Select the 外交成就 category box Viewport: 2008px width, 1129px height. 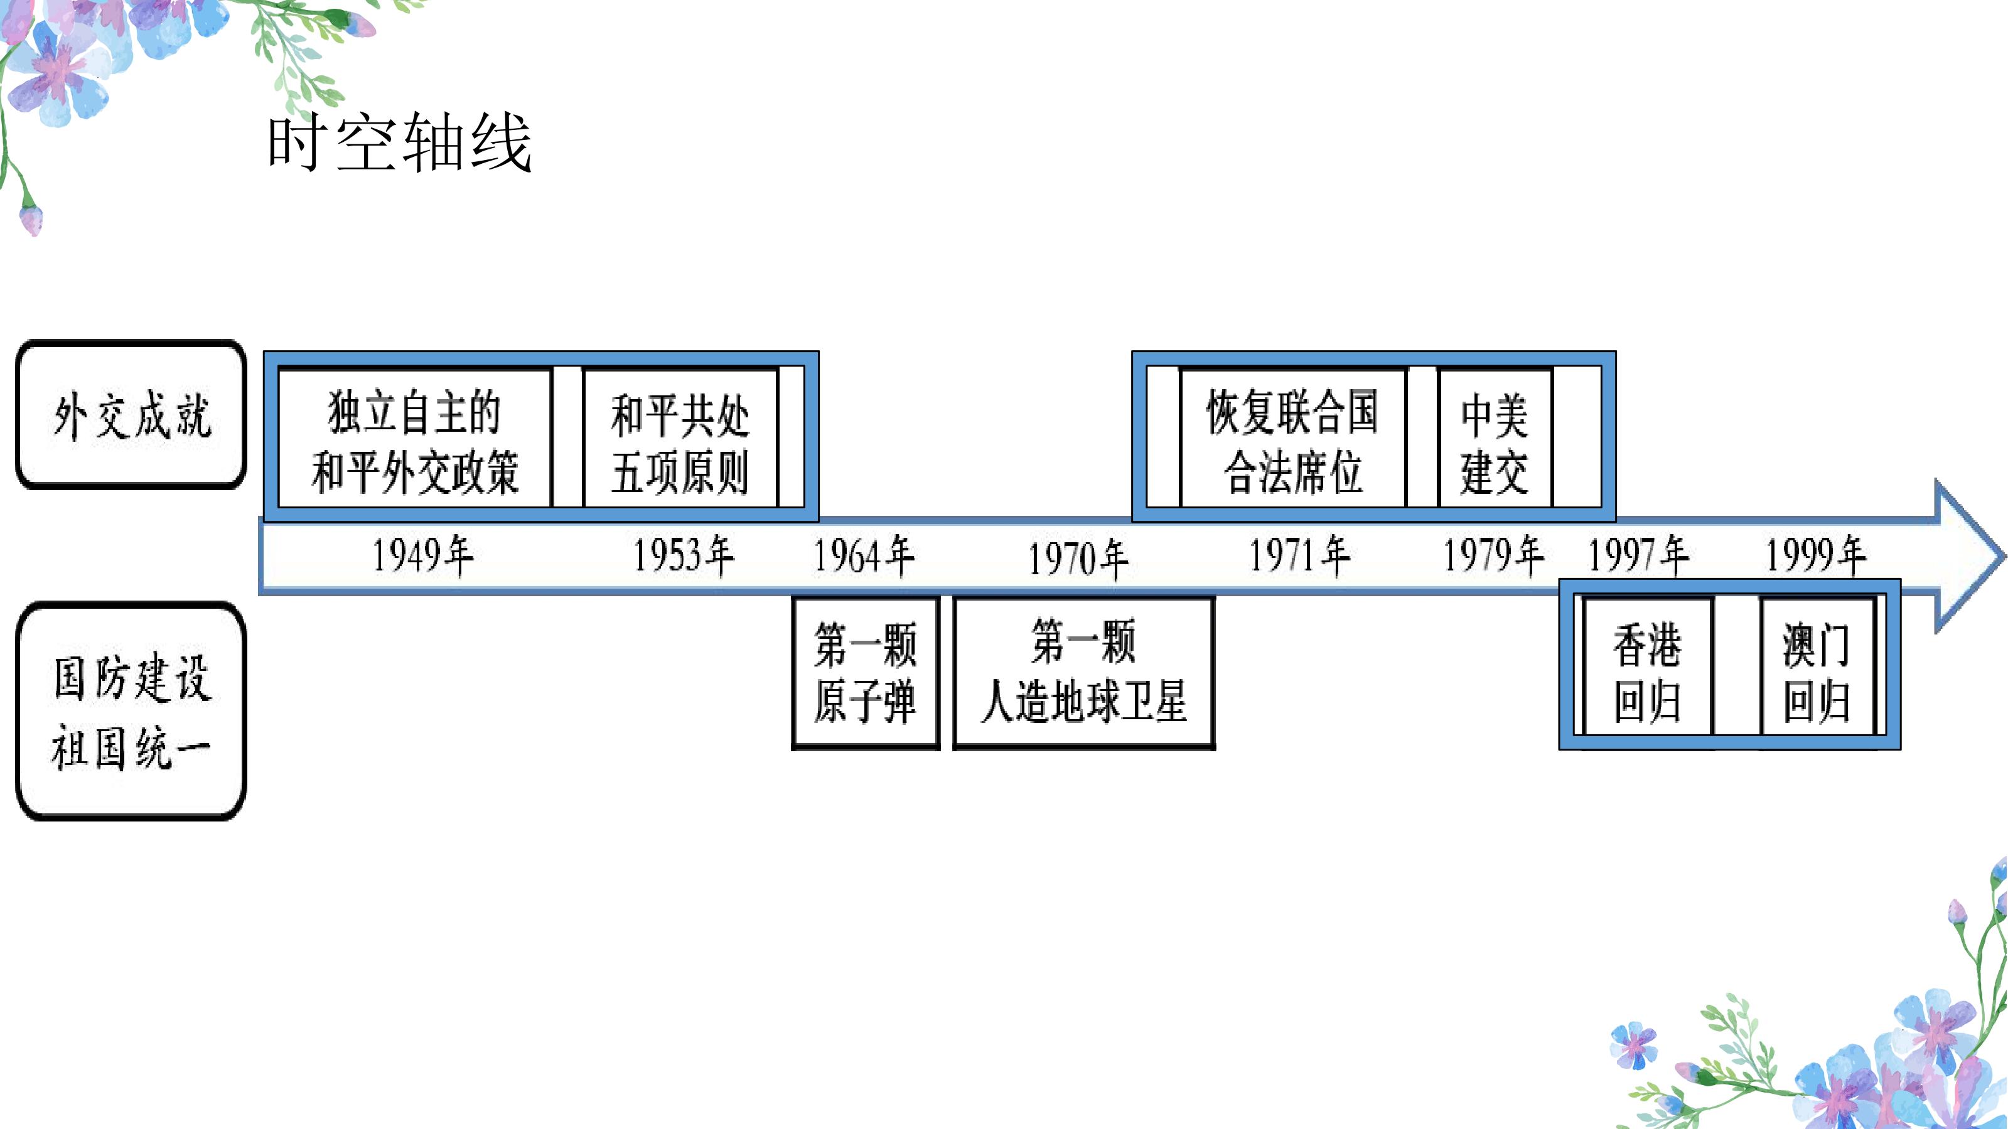click(132, 415)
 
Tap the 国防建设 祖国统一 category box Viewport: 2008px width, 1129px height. click(132, 710)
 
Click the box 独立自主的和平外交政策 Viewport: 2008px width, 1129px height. click(415, 438)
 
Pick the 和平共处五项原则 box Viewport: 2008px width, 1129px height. click(680, 438)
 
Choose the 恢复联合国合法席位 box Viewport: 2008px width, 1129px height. click(1293, 438)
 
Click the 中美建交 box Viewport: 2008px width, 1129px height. click(1495, 438)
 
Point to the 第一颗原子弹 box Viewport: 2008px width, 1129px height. click(865, 673)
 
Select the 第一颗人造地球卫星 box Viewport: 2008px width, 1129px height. click(1083, 673)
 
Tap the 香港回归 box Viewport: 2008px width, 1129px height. click(1647, 667)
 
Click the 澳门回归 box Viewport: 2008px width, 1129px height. click(1817, 667)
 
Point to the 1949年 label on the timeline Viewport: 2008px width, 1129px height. click(422, 555)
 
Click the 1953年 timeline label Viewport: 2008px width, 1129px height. click(683, 555)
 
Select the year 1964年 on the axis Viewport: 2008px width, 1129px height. click(864, 555)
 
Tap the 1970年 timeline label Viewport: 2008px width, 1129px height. click(1078, 559)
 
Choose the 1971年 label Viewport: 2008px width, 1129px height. click(1299, 555)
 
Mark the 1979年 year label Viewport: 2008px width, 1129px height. click(1493, 555)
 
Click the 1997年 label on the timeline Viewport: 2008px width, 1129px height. click(1638, 555)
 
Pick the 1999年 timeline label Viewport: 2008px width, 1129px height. click(1815, 555)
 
